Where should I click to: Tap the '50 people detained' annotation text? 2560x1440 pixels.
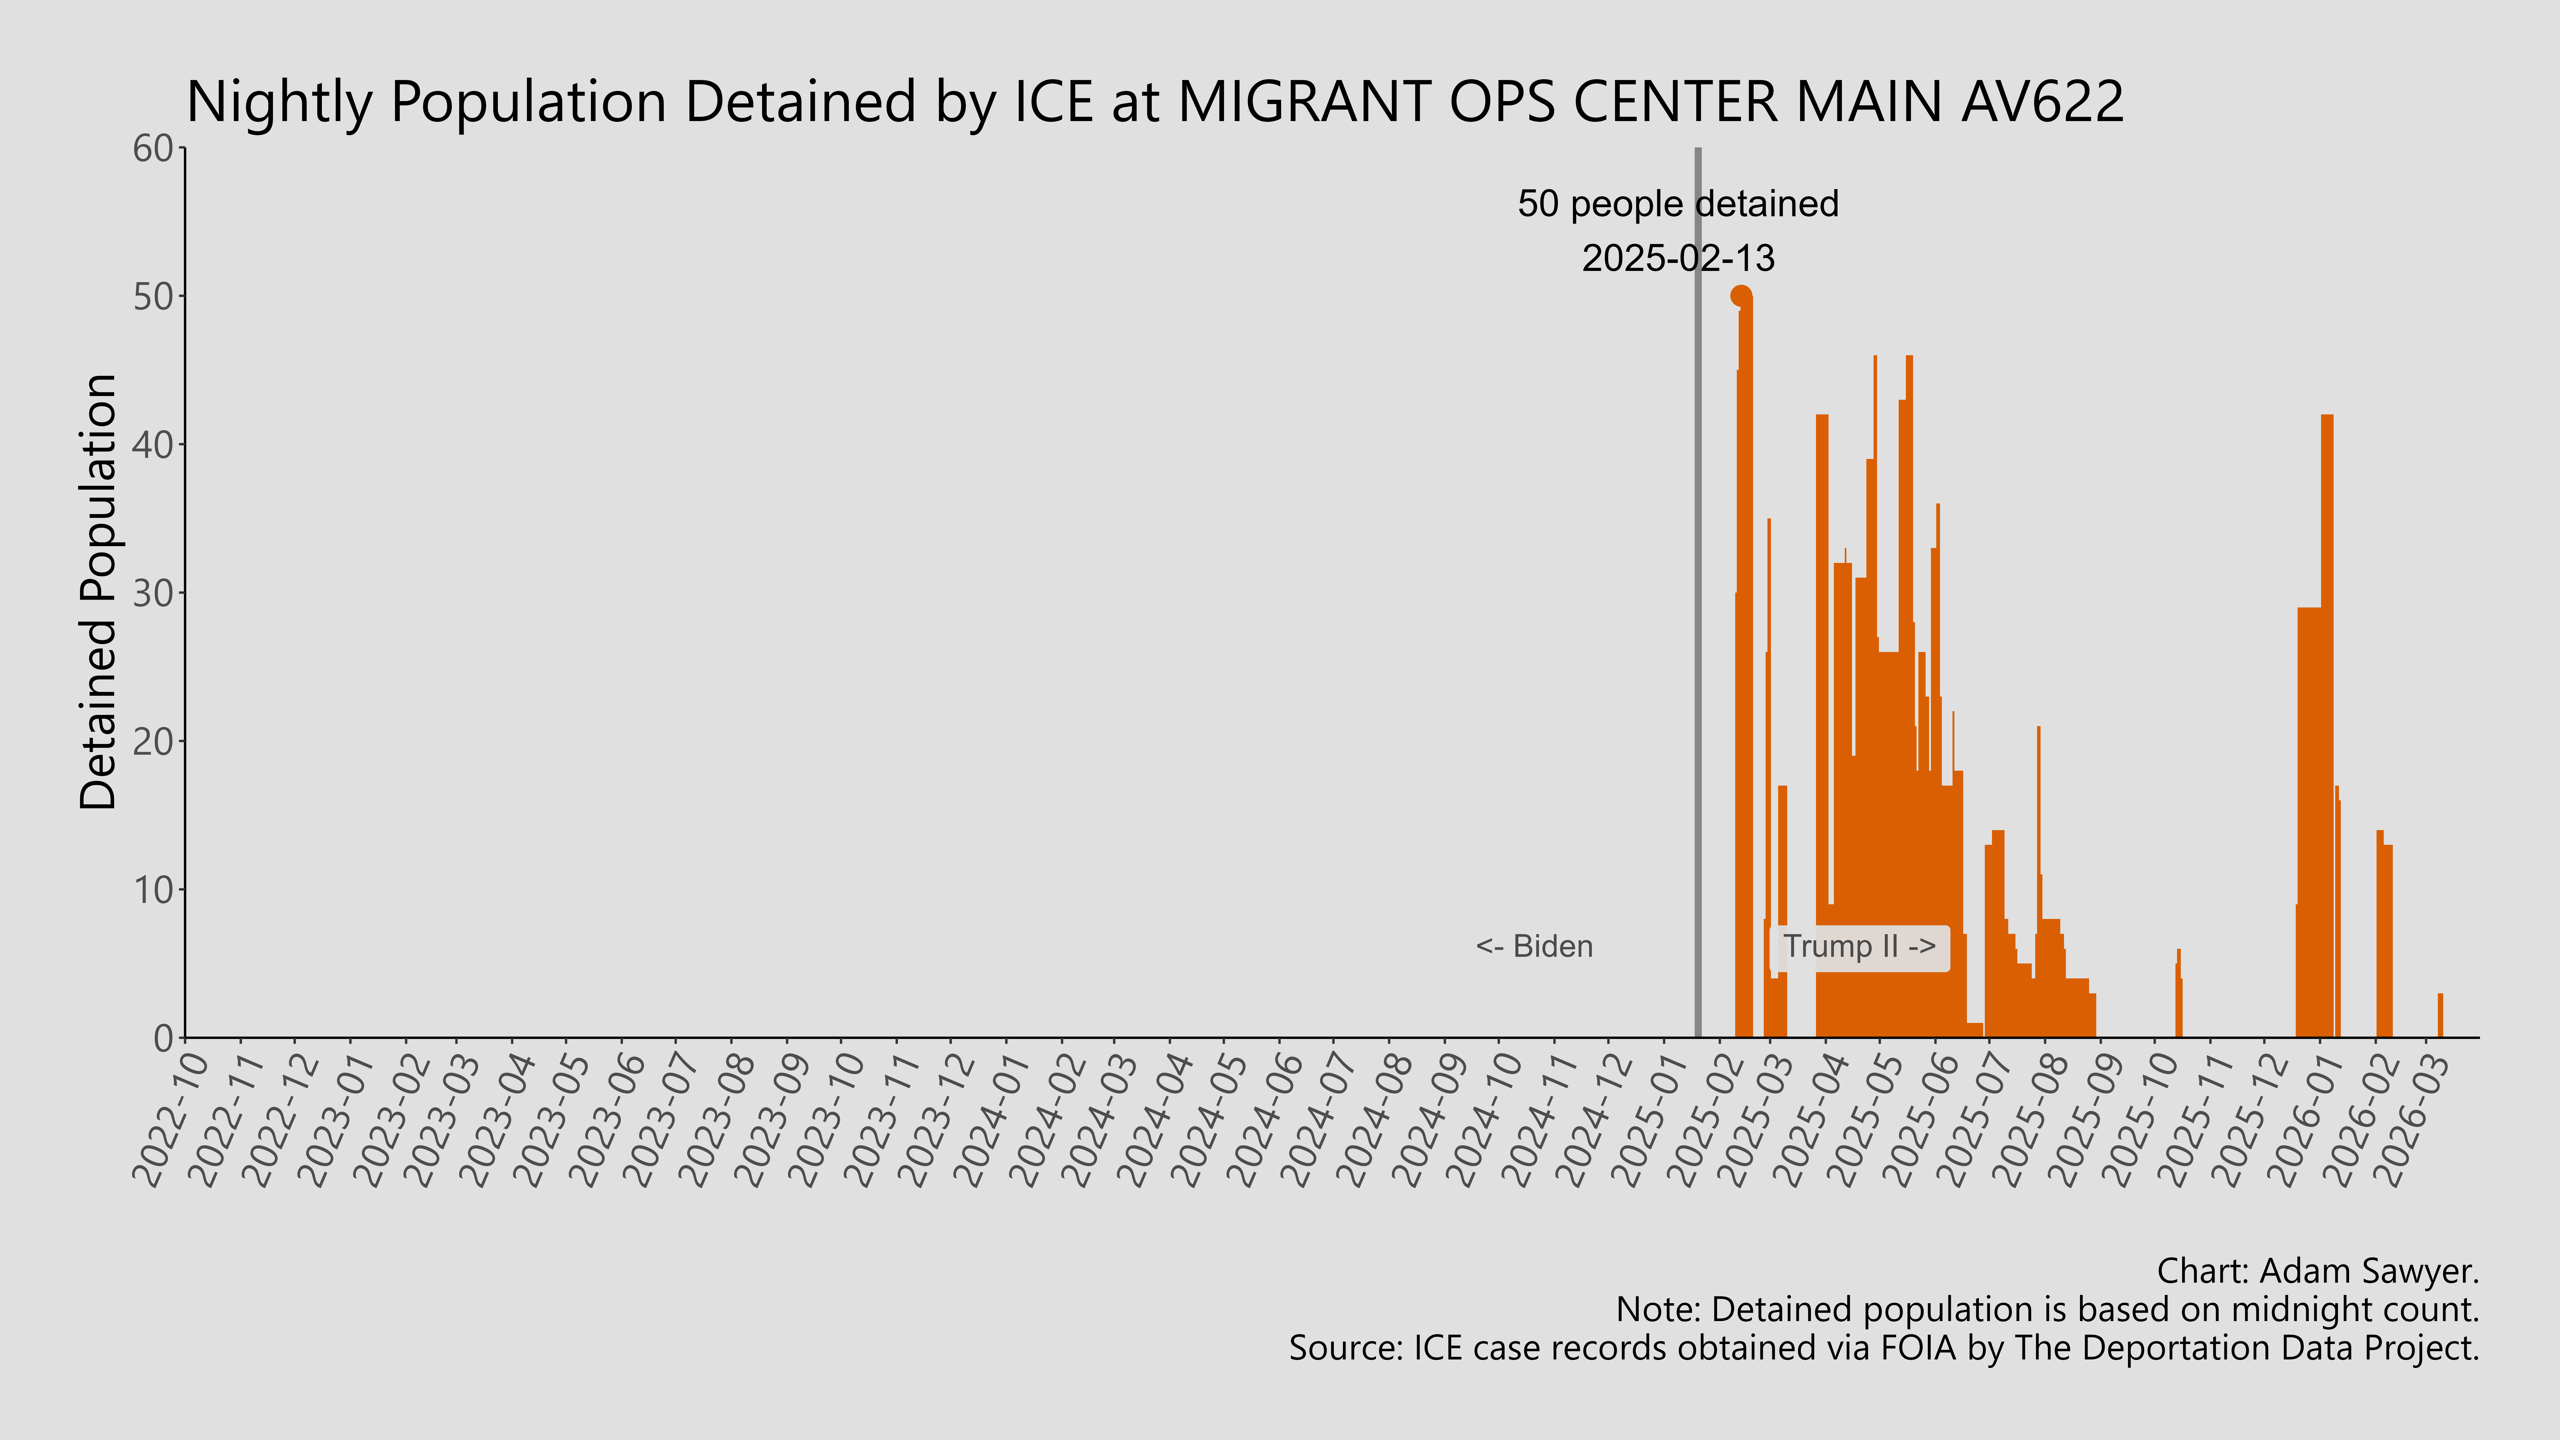1678,204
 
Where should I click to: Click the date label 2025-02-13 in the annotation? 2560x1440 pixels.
1678,258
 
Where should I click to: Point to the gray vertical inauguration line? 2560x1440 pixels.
1697,596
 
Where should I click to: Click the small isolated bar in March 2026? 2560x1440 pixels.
2440,1016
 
